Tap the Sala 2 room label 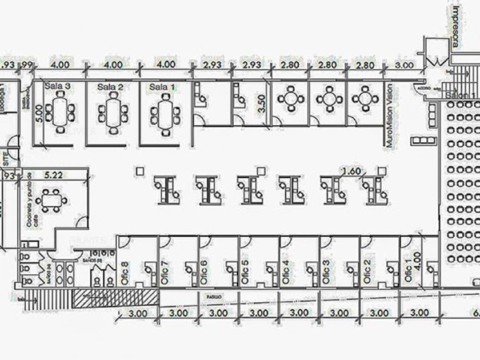pyautogui.click(x=110, y=87)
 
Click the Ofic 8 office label pyautogui.click(x=125, y=272)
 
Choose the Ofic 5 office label pyautogui.click(x=245, y=272)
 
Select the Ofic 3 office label pyautogui.click(x=326, y=272)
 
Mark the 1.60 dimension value pyautogui.click(x=352, y=171)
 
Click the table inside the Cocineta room pyautogui.click(x=52, y=200)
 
